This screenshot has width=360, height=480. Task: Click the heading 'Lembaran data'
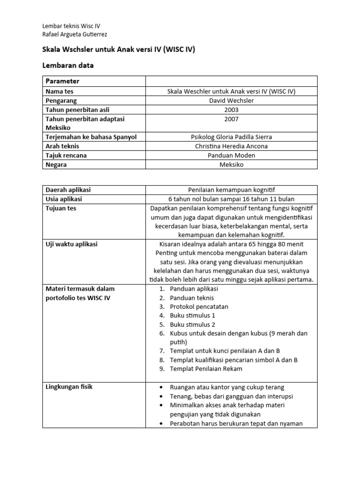68,66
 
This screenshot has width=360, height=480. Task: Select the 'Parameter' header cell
62,81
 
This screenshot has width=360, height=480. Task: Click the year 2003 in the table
231,110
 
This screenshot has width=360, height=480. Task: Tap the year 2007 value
231,119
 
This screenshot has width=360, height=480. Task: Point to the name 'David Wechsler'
231,100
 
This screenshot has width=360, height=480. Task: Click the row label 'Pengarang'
61,100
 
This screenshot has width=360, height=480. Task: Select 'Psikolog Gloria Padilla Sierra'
231,137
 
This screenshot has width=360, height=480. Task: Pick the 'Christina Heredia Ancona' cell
231,146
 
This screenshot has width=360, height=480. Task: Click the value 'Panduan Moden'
231,155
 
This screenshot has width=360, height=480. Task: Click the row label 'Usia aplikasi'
63,199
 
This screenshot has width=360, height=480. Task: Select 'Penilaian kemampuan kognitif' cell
231,190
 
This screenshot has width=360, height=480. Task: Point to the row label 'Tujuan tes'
60,208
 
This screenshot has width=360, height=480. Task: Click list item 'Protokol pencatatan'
199,307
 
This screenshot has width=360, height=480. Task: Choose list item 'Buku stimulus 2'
193,324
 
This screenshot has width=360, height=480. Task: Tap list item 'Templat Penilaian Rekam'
206,369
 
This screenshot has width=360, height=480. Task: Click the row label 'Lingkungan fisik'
69,387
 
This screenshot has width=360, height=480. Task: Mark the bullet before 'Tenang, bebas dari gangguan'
161,396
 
